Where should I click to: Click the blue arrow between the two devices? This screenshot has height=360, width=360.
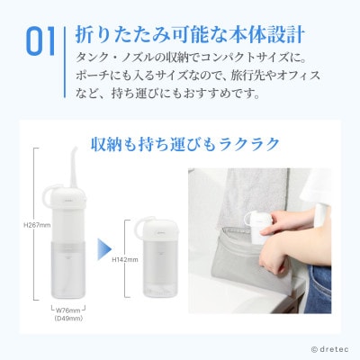pyautogui.click(x=104, y=247)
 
